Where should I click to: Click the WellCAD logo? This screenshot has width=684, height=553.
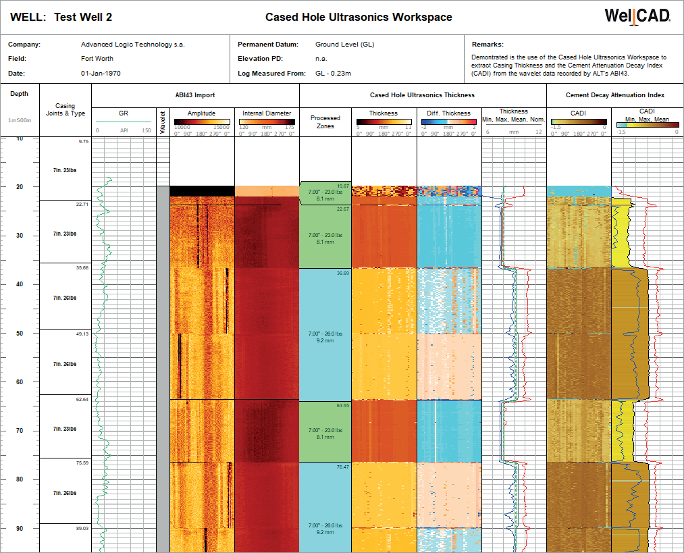(x=637, y=17)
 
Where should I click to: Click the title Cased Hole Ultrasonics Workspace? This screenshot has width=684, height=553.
(x=359, y=18)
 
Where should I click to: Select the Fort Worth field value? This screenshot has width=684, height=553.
(x=97, y=59)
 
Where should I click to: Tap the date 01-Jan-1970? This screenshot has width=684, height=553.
(x=101, y=73)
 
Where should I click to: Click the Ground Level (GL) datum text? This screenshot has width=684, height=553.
(x=344, y=45)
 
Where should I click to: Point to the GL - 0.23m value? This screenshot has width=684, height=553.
(x=333, y=73)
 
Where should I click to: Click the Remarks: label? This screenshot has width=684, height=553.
(x=488, y=45)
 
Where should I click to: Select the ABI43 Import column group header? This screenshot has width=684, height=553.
(x=195, y=95)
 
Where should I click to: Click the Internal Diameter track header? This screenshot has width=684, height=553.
(x=267, y=113)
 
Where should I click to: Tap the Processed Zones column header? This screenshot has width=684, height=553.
(x=325, y=122)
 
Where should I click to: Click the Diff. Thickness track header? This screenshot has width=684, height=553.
(x=449, y=113)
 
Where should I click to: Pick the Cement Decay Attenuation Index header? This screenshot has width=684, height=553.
(x=614, y=95)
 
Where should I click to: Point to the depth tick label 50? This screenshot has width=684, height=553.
(x=20, y=334)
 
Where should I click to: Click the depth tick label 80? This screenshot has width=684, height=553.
(x=20, y=479)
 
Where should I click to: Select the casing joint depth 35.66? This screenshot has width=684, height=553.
(x=82, y=268)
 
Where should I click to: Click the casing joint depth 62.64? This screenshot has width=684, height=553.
(x=82, y=399)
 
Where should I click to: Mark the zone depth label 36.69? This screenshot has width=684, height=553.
(x=343, y=273)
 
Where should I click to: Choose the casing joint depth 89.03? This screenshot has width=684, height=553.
(x=82, y=529)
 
